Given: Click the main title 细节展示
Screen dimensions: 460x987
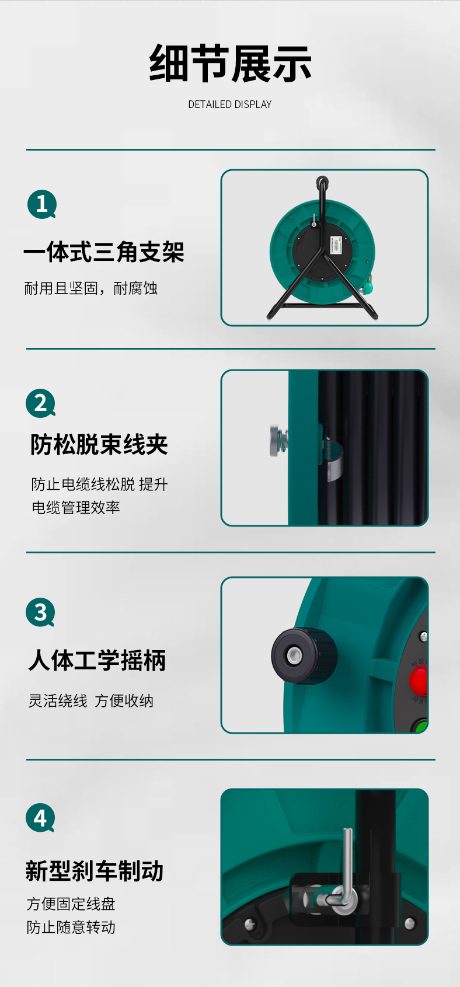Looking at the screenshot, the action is [230, 64].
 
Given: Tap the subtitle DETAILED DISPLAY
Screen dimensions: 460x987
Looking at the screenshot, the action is [229, 104].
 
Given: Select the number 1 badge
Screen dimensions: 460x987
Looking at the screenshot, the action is [42, 204].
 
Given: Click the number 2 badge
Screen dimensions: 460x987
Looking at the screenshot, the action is [40, 403].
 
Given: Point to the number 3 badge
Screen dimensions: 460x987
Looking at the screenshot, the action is [40, 612].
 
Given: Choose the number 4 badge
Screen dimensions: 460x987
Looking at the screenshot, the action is [40, 818].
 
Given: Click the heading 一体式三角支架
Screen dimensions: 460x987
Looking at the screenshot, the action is [104, 252].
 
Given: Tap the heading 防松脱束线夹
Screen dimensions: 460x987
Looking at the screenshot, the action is [99, 444].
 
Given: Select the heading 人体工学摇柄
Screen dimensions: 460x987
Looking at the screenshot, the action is [97, 661].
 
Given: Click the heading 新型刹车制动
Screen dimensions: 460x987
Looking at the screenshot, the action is [95, 871].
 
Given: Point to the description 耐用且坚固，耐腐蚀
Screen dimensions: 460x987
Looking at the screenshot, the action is [90, 288].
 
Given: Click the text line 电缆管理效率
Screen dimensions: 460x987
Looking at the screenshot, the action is [76, 508].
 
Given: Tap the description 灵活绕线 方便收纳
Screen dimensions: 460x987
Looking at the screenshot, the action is [90, 700].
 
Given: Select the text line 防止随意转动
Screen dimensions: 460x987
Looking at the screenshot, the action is [71, 927].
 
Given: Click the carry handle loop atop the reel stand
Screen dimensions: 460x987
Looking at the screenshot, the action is [322, 182].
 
